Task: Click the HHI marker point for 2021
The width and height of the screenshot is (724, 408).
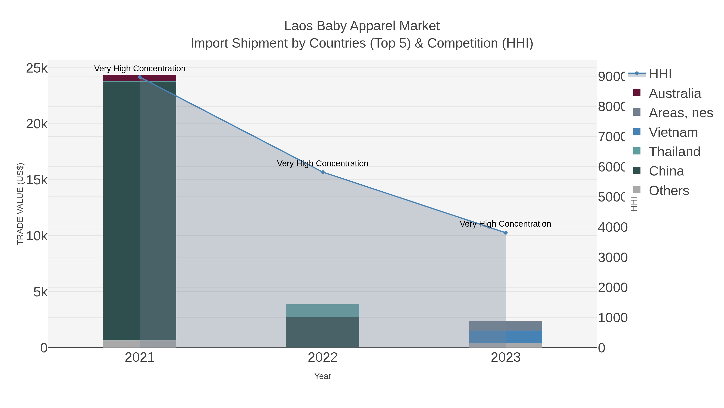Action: [x=140, y=77]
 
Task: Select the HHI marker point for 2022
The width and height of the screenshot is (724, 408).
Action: [x=323, y=172]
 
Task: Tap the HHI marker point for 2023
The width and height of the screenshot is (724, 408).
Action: [x=506, y=233]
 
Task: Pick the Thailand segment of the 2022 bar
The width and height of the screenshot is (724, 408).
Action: [x=323, y=310]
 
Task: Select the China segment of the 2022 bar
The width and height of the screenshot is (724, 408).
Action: [x=323, y=332]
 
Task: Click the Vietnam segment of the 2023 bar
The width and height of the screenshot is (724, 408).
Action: [x=506, y=337]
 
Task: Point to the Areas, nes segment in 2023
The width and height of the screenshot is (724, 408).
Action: [x=506, y=326]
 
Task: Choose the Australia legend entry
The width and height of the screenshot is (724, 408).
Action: [x=675, y=93]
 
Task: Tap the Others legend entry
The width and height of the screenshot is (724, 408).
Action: [x=669, y=191]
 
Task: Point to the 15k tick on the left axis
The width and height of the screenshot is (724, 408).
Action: [x=37, y=180]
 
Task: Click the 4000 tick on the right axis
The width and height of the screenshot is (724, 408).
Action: [x=612, y=227]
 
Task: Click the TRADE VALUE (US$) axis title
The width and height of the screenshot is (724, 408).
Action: [x=20, y=204]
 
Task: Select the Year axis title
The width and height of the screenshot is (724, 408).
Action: [x=323, y=376]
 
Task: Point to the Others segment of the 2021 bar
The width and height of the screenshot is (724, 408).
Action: [x=140, y=344]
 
